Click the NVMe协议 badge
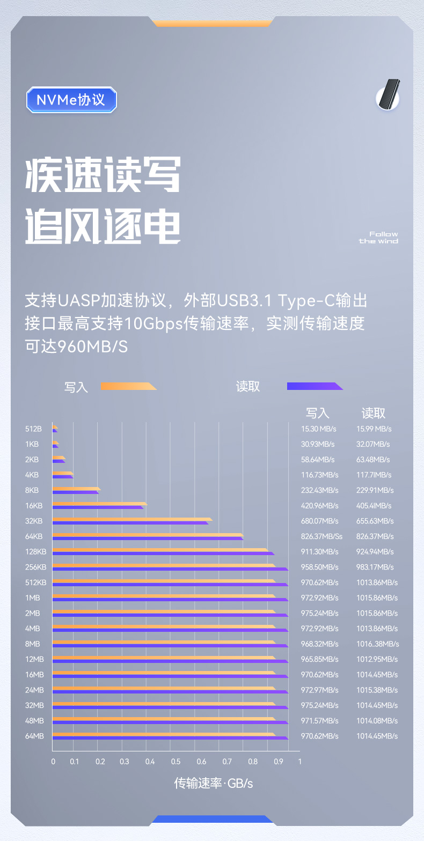(71, 100)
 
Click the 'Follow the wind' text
(378, 238)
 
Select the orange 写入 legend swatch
(128, 386)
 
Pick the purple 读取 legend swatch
(315, 386)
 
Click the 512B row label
(33, 429)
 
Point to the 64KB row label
(33, 536)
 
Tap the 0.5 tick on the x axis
(176, 762)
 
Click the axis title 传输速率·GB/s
(213, 784)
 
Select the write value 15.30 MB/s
(319, 429)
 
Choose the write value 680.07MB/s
(320, 521)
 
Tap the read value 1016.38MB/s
(378, 644)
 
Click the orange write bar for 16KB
(99, 504)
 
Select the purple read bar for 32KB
(130, 522)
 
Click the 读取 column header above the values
(374, 413)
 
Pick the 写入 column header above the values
(318, 413)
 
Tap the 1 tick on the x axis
(299, 762)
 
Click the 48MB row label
(34, 720)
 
